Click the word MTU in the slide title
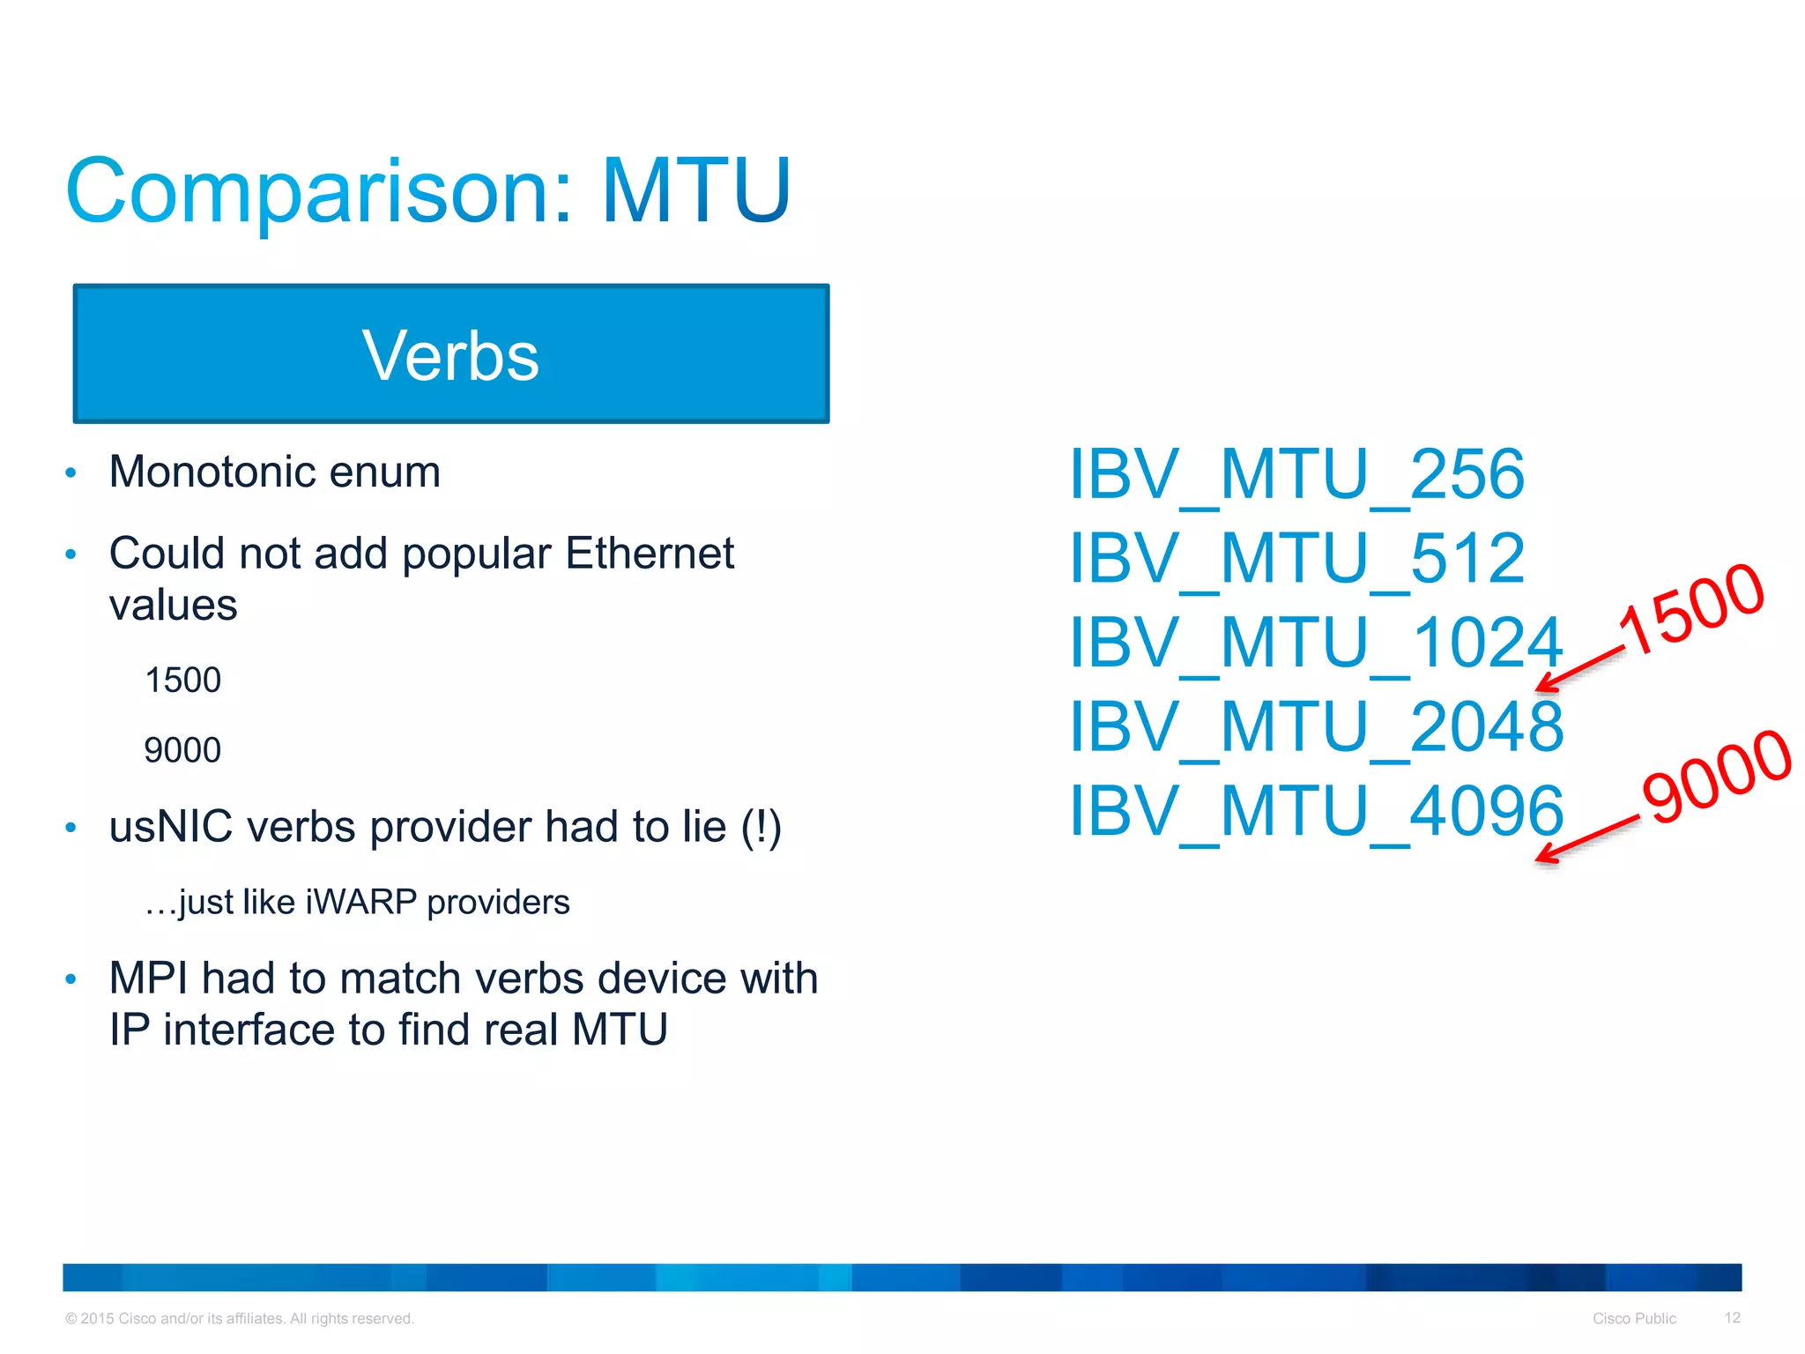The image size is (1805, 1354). [x=695, y=190]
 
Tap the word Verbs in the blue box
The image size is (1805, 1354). [x=450, y=355]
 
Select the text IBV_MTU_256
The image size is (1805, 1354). [x=1296, y=475]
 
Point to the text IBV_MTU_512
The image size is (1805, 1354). [x=1296, y=559]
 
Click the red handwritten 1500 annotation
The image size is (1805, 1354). [x=1692, y=608]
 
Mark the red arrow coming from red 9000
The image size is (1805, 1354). [x=1586, y=838]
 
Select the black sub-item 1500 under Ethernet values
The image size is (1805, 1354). [x=182, y=681]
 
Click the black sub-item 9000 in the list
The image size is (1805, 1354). [x=182, y=750]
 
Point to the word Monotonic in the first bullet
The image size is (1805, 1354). [x=212, y=472]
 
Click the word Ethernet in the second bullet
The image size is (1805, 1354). [x=650, y=554]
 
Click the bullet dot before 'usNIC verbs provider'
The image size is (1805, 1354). [x=71, y=828]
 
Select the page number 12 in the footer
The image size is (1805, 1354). [x=1732, y=1318]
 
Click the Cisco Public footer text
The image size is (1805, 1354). [x=1634, y=1319]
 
